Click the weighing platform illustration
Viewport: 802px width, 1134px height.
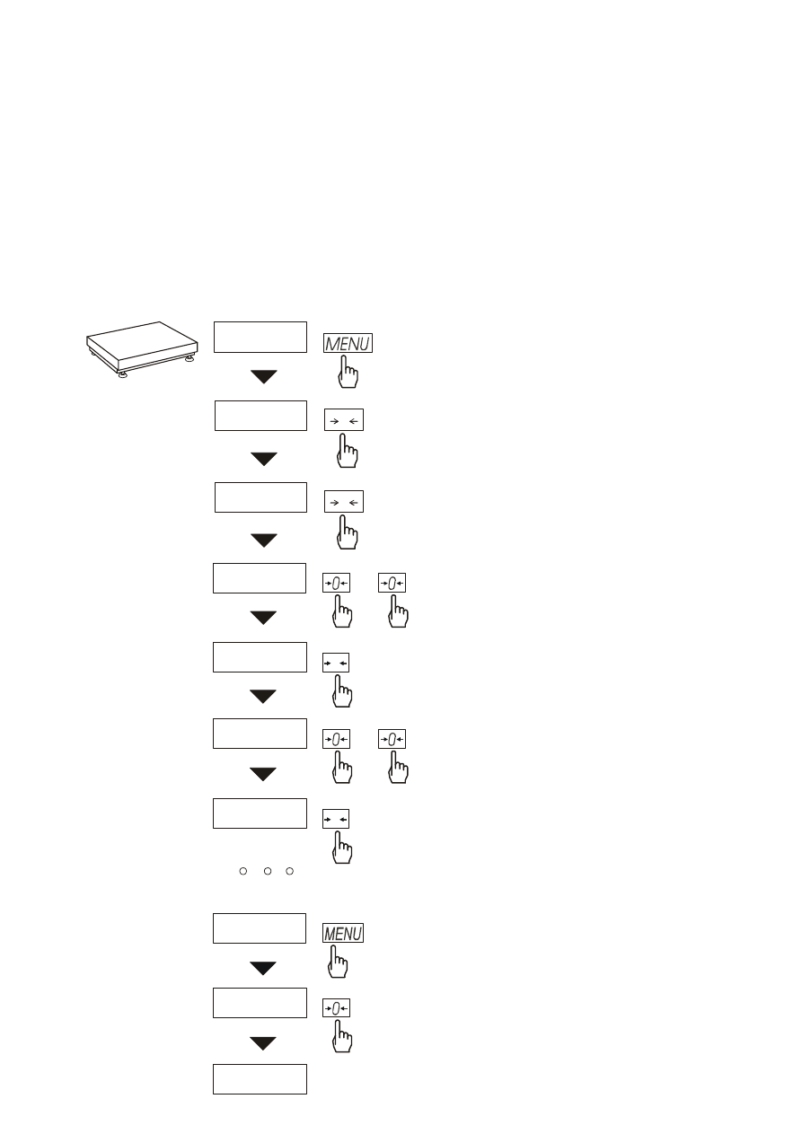[x=142, y=349]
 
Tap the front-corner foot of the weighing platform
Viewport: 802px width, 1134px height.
[x=122, y=375]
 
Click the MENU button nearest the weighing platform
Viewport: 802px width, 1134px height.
[x=348, y=343]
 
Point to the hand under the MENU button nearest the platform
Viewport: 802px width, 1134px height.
[x=348, y=372]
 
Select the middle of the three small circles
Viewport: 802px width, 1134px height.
[x=268, y=871]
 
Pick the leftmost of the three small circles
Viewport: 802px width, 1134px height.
[x=243, y=871]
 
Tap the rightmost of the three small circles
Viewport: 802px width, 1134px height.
[x=289, y=871]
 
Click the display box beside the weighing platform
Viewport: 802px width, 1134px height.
[x=260, y=337]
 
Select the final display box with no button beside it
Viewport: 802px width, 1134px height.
[x=260, y=1079]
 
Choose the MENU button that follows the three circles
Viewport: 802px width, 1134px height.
[x=343, y=933]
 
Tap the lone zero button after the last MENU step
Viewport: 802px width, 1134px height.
[x=336, y=1008]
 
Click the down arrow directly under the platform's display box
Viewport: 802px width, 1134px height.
[x=264, y=376]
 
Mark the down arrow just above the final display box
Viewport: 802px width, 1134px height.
[x=263, y=1043]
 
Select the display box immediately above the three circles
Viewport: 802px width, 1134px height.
[x=260, y=813]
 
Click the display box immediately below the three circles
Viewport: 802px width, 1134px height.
[x=260, y=928]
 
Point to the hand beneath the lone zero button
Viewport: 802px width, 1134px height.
[x=342, y=1036]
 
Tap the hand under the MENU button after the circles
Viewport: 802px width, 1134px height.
[x=338, y=962]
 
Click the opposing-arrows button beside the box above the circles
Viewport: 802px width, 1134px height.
[x=336, y=819]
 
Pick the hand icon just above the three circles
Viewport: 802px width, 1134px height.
[x=342, y=848]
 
